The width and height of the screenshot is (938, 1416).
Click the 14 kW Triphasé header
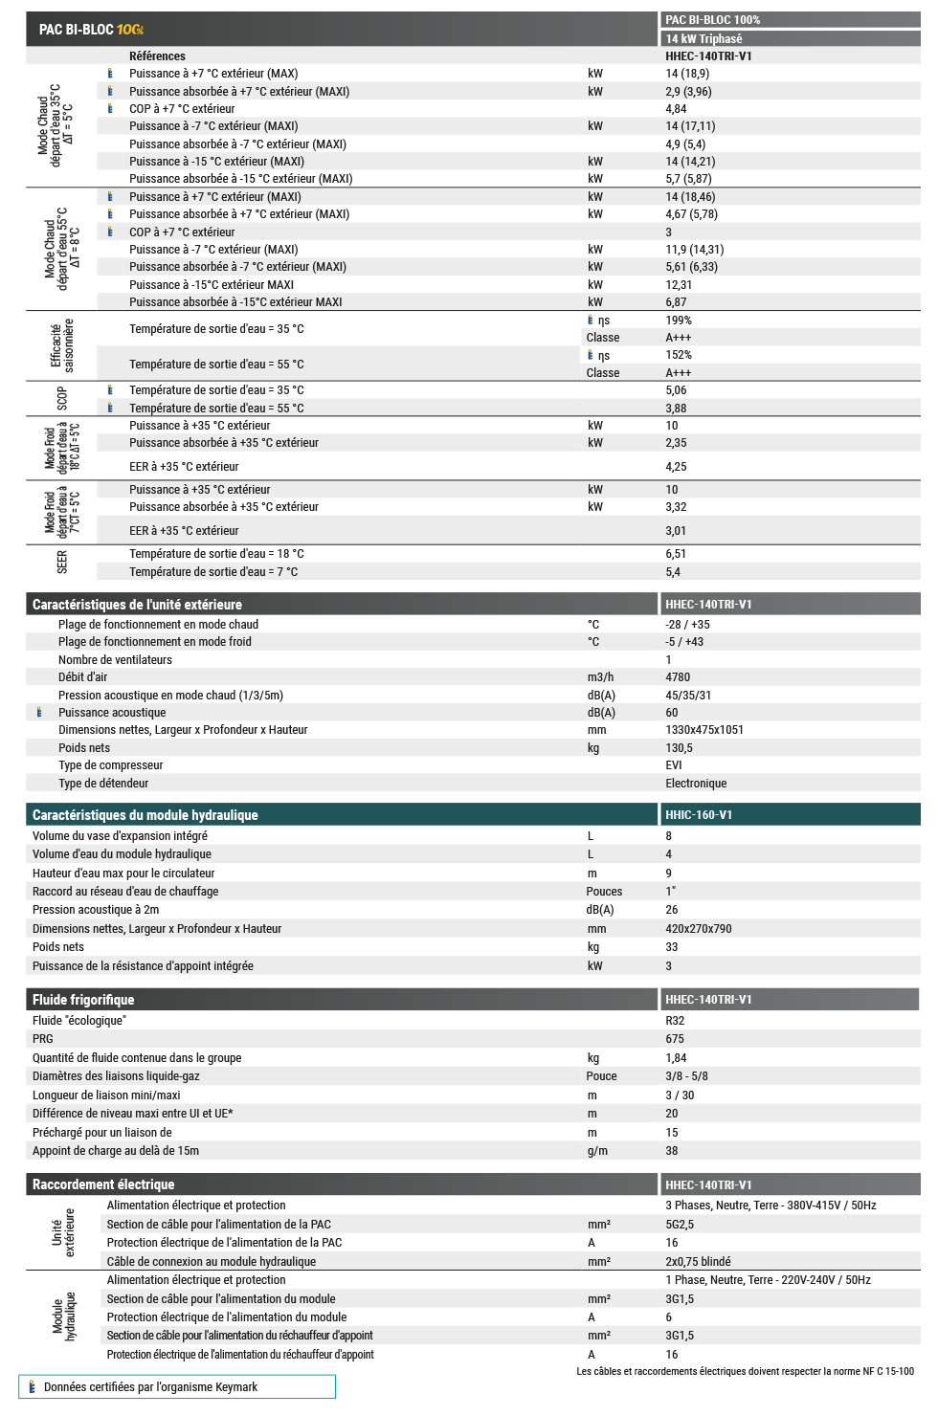(703, 39)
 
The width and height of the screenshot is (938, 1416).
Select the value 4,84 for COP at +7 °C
(676, 109)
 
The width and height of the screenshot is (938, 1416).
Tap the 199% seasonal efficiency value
(679, 321)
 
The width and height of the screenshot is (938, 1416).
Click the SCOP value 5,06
(676, 390)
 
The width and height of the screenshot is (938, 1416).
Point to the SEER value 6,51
(676, 554)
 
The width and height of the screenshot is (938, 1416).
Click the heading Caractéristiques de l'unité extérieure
(137, 605)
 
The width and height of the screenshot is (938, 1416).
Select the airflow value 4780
(678, 677)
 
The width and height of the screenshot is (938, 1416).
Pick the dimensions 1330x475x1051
(704, 730)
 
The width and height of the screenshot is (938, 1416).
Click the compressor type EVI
(674, 765)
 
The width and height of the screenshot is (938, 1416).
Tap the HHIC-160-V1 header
(699, 815)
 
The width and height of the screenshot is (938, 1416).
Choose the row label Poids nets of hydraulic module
(58, 947)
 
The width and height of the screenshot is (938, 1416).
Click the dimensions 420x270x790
(699, 929)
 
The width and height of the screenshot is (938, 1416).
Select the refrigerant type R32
(675, 1021)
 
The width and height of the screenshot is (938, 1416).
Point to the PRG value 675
(675, 1039)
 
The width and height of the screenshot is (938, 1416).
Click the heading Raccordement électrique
(103, 1184)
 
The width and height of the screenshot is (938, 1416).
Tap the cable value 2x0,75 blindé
(698, 1262)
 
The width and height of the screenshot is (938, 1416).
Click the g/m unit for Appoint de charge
(597, 1151)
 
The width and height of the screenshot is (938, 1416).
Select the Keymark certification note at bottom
(150, 1387)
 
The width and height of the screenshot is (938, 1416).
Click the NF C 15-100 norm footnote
(745, 1371)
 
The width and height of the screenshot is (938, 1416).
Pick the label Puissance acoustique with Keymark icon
(112, 713)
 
